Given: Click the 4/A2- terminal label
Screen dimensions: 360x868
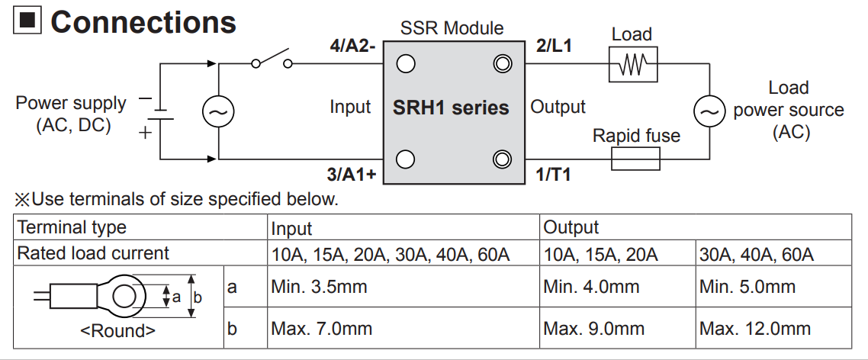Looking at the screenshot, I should click(349, 46).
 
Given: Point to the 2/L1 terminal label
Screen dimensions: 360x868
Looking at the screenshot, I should click(555, 46).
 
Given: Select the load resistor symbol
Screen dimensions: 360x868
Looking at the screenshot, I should click(632, 66).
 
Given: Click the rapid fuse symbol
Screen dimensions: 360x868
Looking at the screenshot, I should click(635, 159).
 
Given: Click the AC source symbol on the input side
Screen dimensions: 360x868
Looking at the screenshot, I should click(217, 112).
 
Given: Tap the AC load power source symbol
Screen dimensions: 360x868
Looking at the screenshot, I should click(709, 112).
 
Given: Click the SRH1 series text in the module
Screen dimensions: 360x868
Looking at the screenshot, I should click(451, 108).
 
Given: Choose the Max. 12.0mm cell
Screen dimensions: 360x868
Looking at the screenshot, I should click(755, 329).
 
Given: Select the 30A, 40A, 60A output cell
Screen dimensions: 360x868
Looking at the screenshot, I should click(757, 254).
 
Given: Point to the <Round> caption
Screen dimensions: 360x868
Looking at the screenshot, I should click(117, 331).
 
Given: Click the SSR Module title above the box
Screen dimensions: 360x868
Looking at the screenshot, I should click(452, 29).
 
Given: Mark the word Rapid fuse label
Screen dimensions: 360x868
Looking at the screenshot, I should click(636, 136).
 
